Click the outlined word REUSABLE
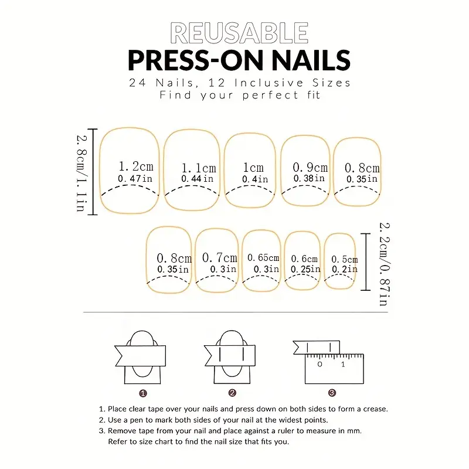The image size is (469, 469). point(239,33)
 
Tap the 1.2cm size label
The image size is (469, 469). point(136,166)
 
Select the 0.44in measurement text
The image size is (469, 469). point(197,179)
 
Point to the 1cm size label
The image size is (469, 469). point(253,168)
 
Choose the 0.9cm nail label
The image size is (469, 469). point(310,167)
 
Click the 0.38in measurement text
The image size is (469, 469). point(309,178)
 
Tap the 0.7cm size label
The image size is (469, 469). point(219,257)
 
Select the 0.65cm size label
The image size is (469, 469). point(263,257)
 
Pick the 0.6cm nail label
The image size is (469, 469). point(304,259)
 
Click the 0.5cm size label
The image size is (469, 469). point(345,259)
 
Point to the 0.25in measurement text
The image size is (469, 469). point(305,269)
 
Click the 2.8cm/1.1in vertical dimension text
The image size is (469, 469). point(81,173)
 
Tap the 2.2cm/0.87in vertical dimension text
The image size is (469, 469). point(385,264)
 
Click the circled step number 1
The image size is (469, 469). point(143,393)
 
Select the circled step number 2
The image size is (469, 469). point(232,393)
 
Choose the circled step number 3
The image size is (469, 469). point(332,393)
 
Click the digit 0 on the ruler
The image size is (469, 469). point(320,364)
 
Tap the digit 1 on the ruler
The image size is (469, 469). point(343,364)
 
